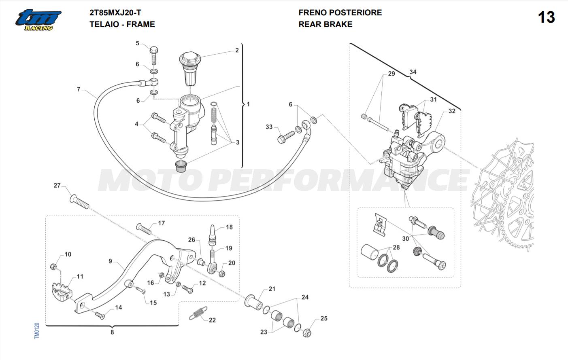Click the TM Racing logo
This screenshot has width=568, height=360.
point(38,20)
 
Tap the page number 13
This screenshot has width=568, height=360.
point(547,17)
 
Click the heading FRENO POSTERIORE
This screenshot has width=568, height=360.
point(340,13)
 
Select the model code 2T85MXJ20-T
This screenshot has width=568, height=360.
point(115,13)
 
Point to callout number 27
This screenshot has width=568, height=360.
point(57,185)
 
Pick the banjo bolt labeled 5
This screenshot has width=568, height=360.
point(154,55)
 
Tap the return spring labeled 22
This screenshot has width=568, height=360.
point(198,313)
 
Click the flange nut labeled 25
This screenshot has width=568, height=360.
point(307,332)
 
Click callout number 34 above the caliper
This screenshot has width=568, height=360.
point(413,72)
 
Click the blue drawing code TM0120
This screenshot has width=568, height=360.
point(37,330)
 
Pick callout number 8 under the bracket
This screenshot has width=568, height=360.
point(112,332)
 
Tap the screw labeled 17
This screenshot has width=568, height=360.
point(144,229)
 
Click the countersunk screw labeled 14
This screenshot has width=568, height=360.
point(100,316)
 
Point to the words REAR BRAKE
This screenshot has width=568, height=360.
point(325,24)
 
